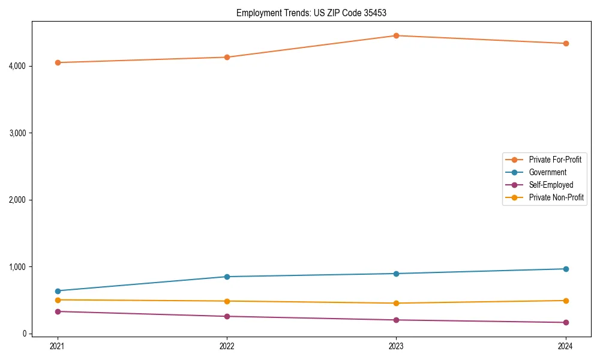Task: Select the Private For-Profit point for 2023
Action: click(x=396, y=35)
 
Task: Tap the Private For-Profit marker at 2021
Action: click(x=58, y=62)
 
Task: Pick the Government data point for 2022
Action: click(x=227, y=277)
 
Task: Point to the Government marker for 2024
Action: click(x=565, y=269)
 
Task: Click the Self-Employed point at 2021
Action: click(x=58, y=311)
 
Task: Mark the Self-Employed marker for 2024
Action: click(x=565, y=323)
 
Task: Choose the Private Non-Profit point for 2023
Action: click(x=396, y=303)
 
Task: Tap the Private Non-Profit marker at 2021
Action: click(x=58, y=300)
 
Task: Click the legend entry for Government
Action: click(x=547, y=172)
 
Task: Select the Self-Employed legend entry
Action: click(x=551, y=185)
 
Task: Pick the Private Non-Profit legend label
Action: click(x=556, y=197)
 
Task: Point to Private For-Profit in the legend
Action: click(x=555, y=160)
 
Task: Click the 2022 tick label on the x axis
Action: click(x=227, y=346)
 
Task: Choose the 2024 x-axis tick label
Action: click(x=565, y=346)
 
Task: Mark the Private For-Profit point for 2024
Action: click(x=565, y=43)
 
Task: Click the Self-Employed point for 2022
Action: click(x=227, y=316)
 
